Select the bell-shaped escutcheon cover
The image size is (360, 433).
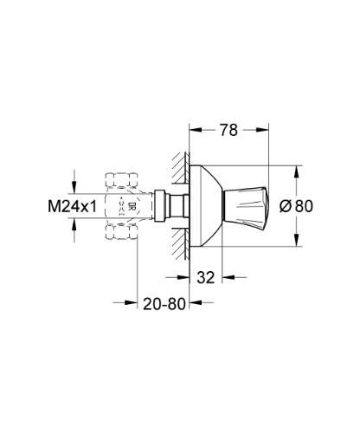[x=208, y=206]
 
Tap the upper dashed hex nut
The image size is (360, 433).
[x=120, y=181]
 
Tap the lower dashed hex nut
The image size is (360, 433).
[x=120, y=232]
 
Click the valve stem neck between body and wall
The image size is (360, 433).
[x=177, y=207]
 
